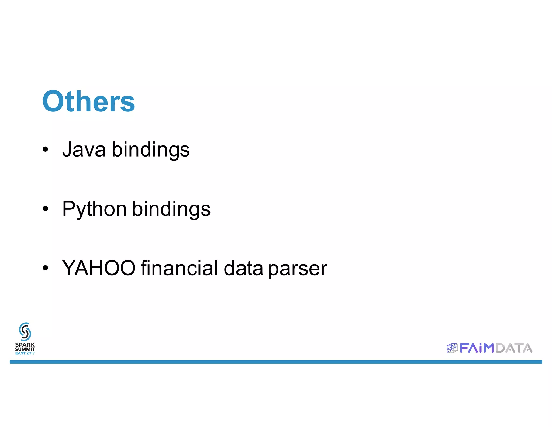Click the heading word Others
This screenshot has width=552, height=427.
tap(88, 101)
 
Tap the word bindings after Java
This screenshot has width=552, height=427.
tap(151, 150)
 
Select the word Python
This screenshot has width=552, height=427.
tap(94, 209)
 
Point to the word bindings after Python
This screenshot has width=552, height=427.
tap(171, 209)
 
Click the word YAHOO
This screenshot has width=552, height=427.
tap(99, 268)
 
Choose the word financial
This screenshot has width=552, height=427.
tap(179, 268)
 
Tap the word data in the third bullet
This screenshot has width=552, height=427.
tap(243, 268)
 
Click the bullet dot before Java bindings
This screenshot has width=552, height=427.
tap(46, 149)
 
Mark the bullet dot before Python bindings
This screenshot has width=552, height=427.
tap(46, 208)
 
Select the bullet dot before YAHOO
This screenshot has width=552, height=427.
tap(46, 268)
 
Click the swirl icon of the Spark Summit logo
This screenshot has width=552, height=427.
tap(25, 331)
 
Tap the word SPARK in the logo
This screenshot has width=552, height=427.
tap(25, 345)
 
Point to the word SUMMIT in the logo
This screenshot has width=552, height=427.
tap(25, 349)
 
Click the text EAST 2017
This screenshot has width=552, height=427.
tap(25, 353)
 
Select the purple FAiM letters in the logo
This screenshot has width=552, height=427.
tap(477, 348)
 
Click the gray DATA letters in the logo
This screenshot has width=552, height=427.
tap(514, 348)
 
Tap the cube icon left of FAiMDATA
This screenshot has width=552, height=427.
tap(452, 348)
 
